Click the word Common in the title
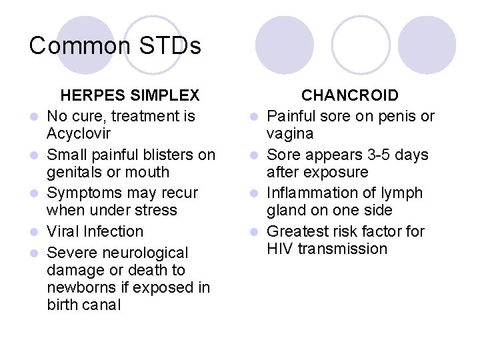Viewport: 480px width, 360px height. point(79,46)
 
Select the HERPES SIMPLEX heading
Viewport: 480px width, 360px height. point(130,96)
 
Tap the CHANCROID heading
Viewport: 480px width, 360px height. point(350,96)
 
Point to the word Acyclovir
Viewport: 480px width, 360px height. point(78,133)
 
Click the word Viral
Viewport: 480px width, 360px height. point(64,231)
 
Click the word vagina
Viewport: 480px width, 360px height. point(290,133)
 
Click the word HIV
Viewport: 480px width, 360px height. point(280,249)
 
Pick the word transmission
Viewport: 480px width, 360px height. point(343,249)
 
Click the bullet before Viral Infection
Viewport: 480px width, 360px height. point(35,232)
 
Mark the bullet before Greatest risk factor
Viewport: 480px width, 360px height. point(254,232)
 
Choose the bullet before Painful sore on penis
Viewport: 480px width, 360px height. point(254,117)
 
